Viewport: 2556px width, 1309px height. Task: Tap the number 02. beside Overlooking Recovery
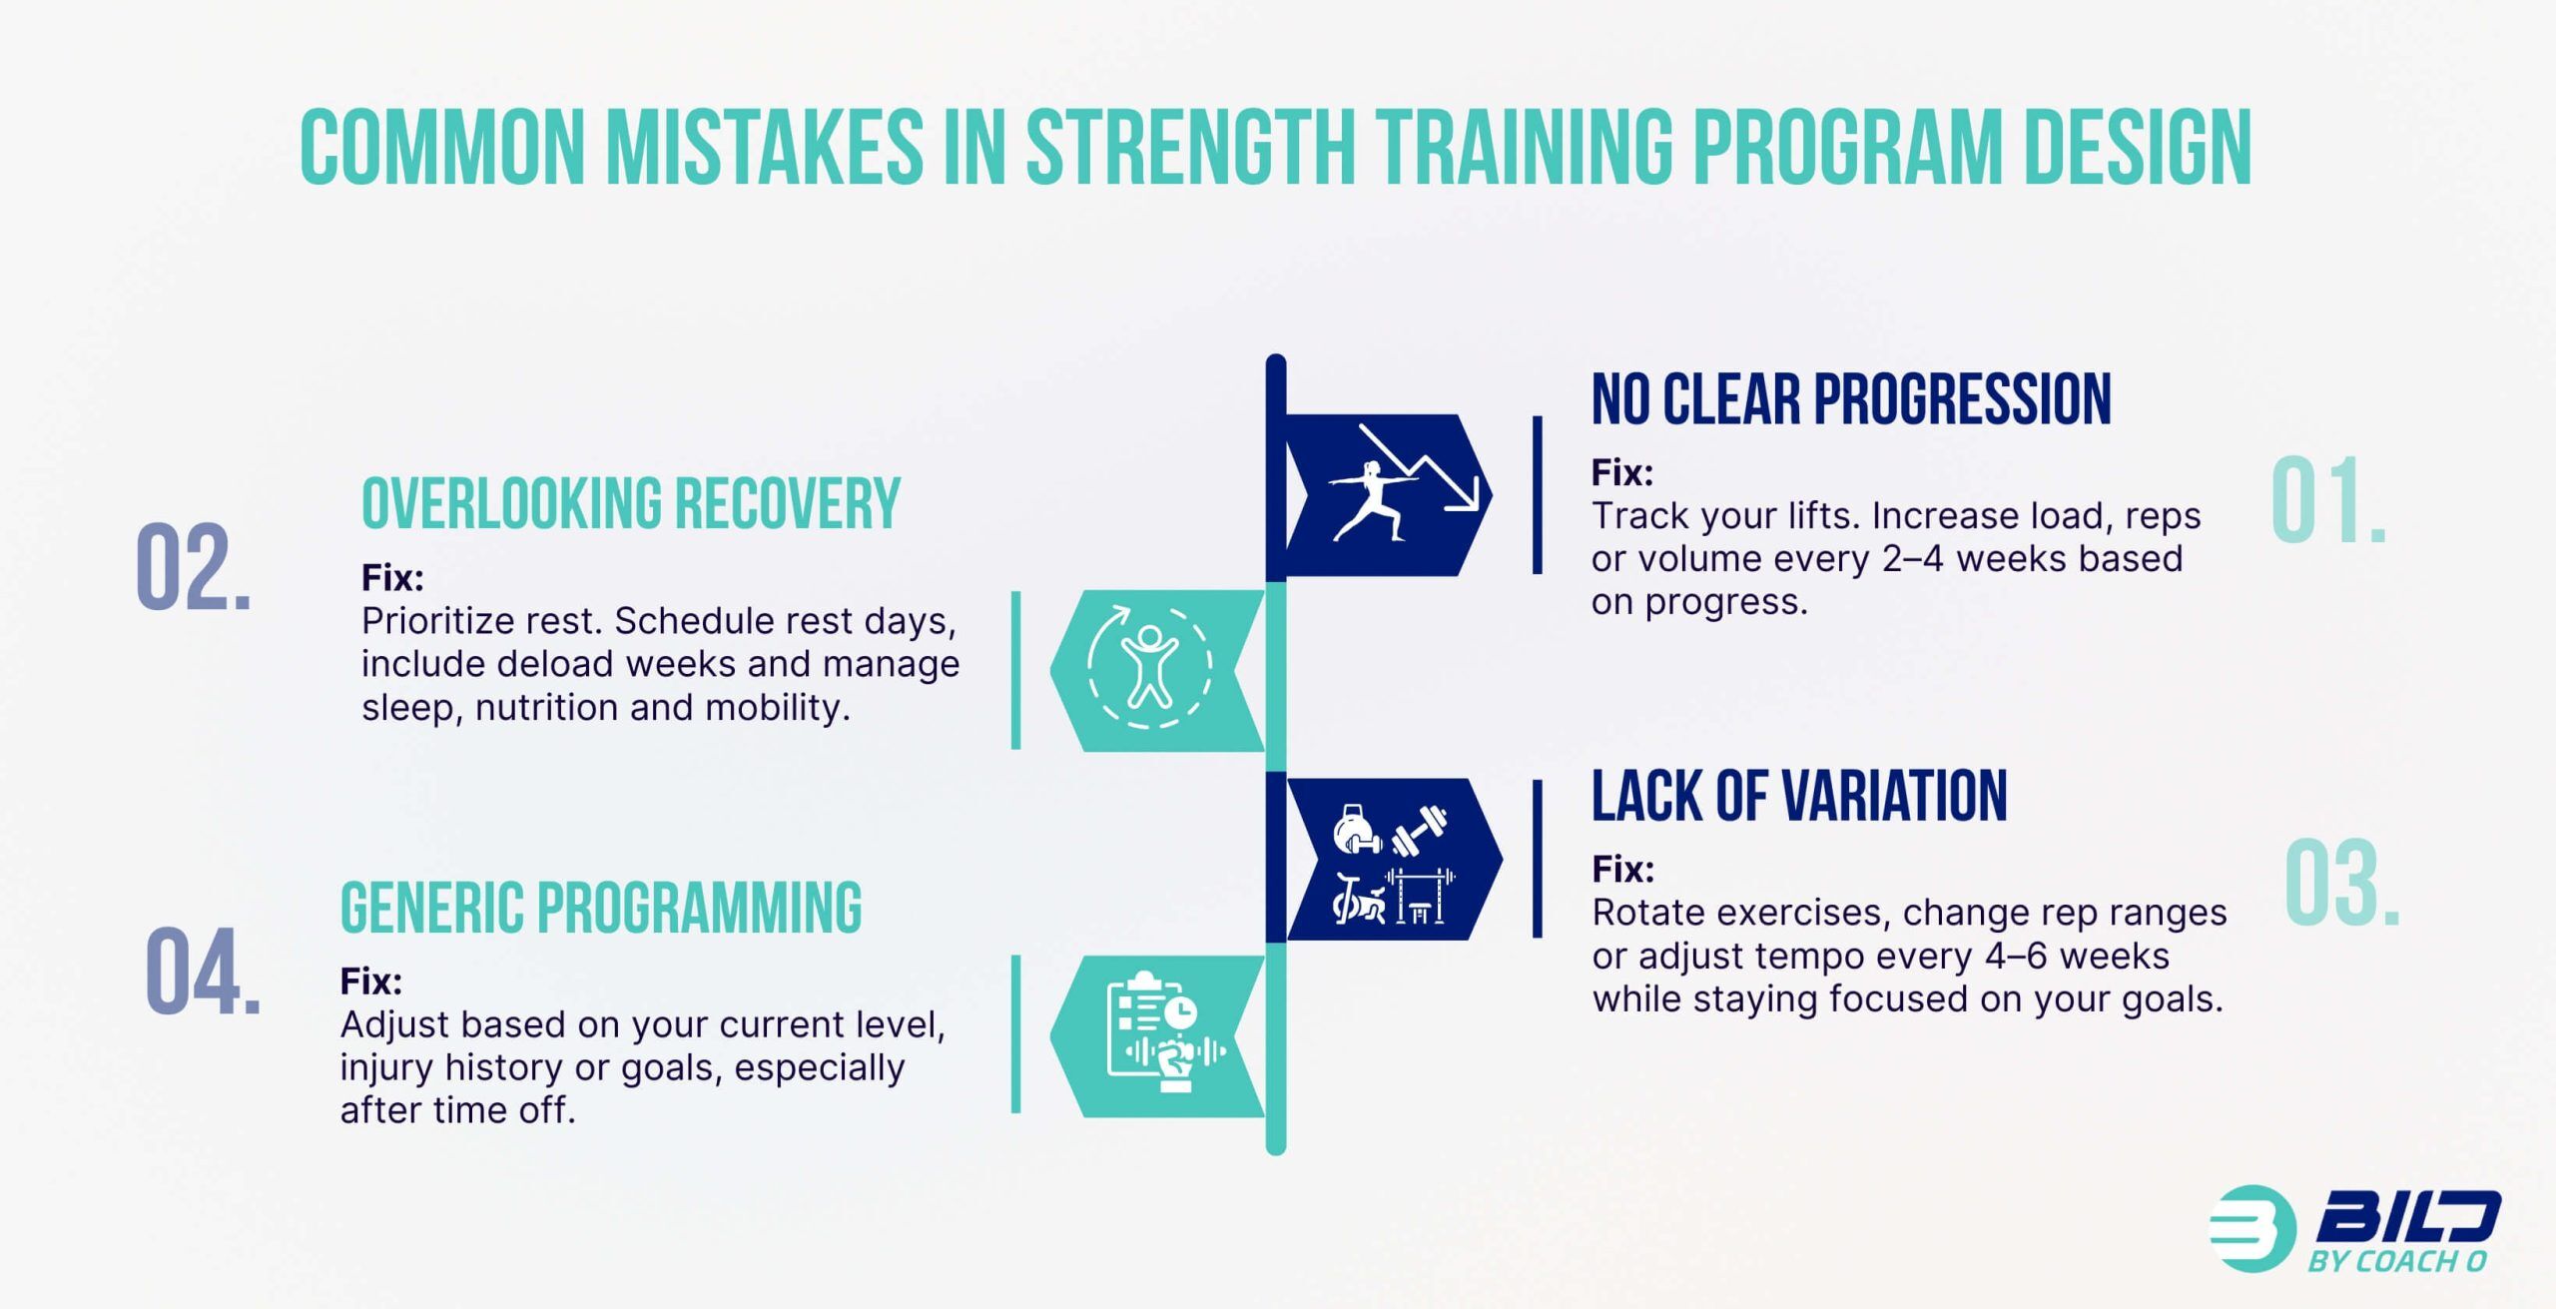pos(193,567)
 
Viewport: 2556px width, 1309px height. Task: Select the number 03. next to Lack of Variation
pos(2341,885)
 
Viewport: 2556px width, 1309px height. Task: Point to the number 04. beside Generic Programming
pos(203,973)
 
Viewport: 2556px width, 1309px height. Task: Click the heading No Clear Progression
pos(1850,399)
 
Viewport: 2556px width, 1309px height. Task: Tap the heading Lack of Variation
pos(1798,797)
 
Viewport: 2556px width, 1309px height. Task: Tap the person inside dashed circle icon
pos(1148,666)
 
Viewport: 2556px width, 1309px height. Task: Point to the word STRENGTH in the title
pos(1190,148)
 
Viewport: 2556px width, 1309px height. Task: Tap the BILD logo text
pos(2406,1218)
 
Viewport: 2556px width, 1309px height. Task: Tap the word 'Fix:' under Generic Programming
pos(370,982)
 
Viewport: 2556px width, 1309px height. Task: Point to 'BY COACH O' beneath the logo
pos(2396,1262)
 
